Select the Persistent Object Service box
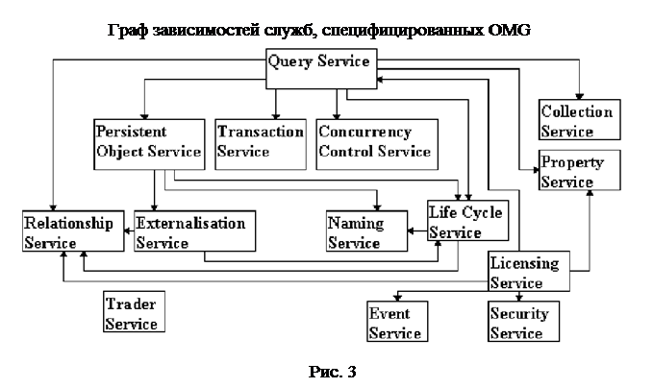pos(147,141)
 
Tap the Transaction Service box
pos(261,141)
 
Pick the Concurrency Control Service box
pos(375,141)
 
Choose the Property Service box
pos(573,171)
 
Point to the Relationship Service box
pos(70,233)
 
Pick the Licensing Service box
pos(528,272)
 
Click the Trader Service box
pos(133,313)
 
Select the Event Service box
pos(394,323)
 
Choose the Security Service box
pos(518,323)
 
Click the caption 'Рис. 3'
pos(331,371)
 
